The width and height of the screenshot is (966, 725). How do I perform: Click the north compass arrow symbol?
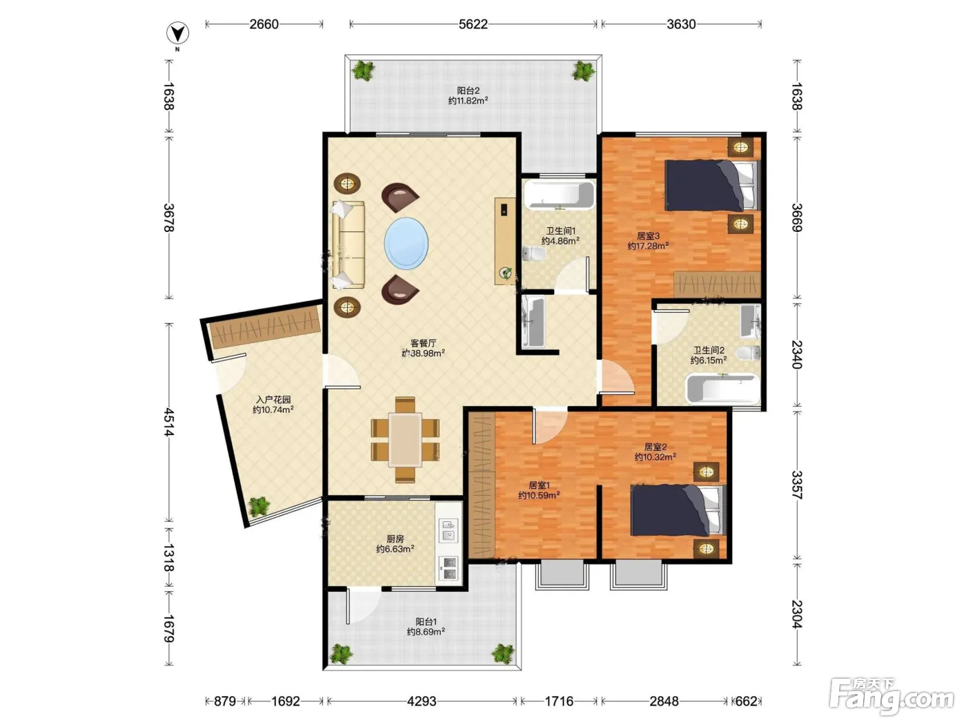[x=177, y=33]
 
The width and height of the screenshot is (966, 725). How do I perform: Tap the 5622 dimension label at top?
[x=473, y=24]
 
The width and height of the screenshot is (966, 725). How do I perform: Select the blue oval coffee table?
[x=406, y=243]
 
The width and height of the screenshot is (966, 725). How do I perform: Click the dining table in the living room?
[x=405, y=439]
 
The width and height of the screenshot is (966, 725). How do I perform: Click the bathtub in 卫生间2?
[x=722, y=389]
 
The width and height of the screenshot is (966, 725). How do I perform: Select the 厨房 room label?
[x=395, y=539]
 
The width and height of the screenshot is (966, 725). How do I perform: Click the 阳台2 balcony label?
[x=468, y=90]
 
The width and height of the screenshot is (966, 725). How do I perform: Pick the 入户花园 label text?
[x=273, y=400]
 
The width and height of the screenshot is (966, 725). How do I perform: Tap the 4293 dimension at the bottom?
[x=422, y=701]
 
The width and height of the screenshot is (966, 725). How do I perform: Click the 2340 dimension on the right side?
[x=797, y=354]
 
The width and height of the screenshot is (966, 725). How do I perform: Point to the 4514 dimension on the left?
[x=170, y=422]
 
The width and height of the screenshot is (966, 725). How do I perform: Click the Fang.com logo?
[x=891, y=697]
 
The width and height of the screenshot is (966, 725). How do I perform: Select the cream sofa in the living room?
[x=348, y=245]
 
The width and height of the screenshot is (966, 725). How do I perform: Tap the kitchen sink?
[x=448, y=530]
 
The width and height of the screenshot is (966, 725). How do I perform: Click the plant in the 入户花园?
[x=258, y=506]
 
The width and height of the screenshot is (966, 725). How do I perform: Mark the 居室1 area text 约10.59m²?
[x=539, y=496]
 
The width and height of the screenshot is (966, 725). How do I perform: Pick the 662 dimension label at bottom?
[x=746, y=701]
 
